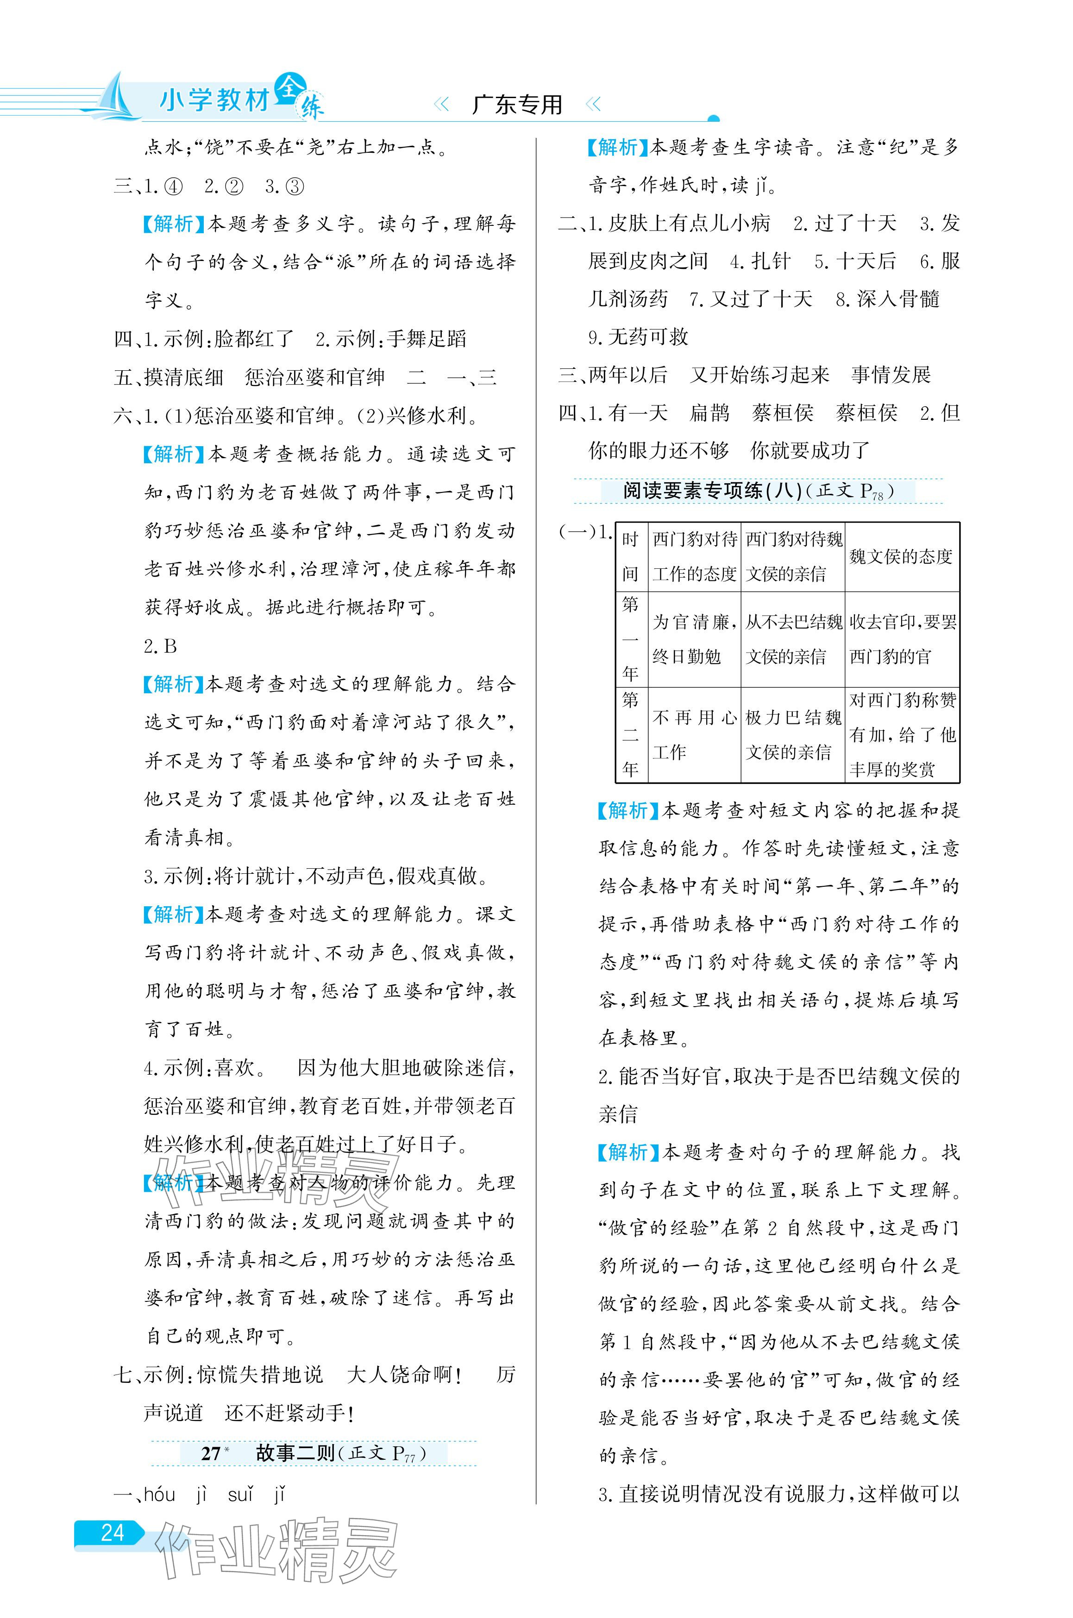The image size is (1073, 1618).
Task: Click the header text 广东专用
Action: click(x=517, y=105)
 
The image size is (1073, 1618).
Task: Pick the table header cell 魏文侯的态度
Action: click(x=901, y=557)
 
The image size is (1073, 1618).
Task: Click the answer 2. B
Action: click(x=161, y=646)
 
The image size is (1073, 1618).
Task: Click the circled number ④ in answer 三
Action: click(x=173, y=187)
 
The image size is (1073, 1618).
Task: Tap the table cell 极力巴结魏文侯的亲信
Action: click(x=793, y=735)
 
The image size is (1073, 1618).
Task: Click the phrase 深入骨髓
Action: click(x=898, y=299)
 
